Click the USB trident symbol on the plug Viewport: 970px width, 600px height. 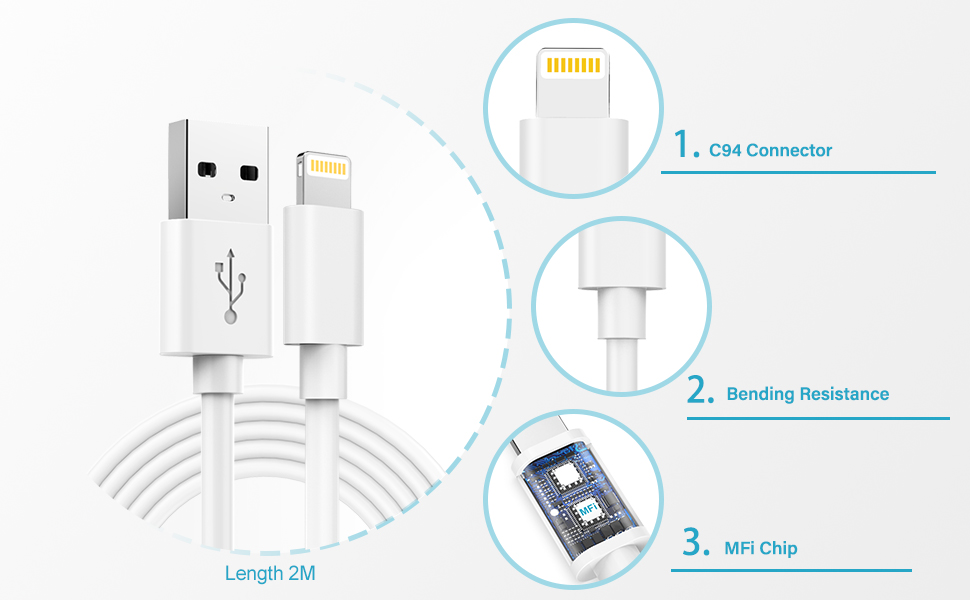coord(231,285)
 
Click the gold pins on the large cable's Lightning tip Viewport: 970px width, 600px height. coord(328,164)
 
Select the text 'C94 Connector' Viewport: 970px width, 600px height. coord(770,151)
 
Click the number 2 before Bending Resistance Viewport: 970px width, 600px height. coord(701,390)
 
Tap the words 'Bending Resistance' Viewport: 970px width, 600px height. coord(807,394)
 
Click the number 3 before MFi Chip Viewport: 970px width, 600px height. coord(696,543)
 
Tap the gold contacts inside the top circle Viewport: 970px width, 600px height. coord(573,66)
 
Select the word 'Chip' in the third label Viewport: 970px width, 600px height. coord(779,548)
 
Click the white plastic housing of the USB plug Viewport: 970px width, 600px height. coord(215,290)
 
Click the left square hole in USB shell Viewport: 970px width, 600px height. coord(209,168)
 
